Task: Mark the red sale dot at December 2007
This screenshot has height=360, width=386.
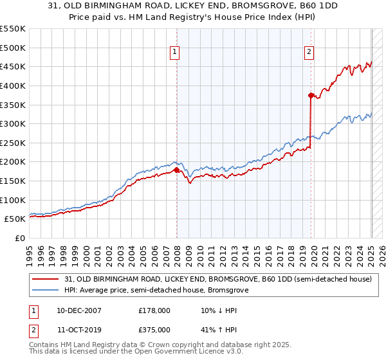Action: (177, 170)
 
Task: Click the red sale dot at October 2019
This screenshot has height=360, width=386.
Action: (311, 95)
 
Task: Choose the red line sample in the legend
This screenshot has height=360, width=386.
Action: (46, 280)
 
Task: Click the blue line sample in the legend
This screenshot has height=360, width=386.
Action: (46, 291)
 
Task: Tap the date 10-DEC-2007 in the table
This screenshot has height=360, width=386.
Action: (78, 310)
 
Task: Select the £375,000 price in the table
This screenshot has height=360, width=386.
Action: (154, 330)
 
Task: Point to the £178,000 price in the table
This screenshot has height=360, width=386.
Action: (154, 310)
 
